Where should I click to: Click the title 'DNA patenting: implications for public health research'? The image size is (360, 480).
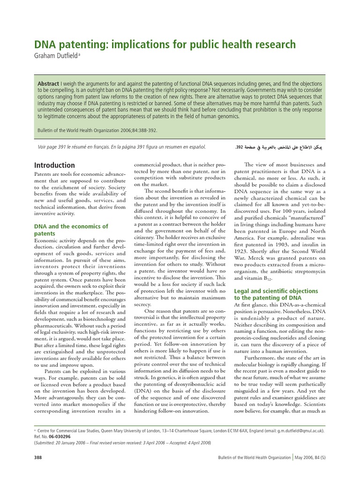[165, 45]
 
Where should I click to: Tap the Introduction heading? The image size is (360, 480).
[54, 165]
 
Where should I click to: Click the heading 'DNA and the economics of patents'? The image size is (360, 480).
[71, 230]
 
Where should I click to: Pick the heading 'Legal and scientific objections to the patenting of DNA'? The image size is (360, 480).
[276, 294]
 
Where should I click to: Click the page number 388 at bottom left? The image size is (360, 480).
[39, 457]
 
